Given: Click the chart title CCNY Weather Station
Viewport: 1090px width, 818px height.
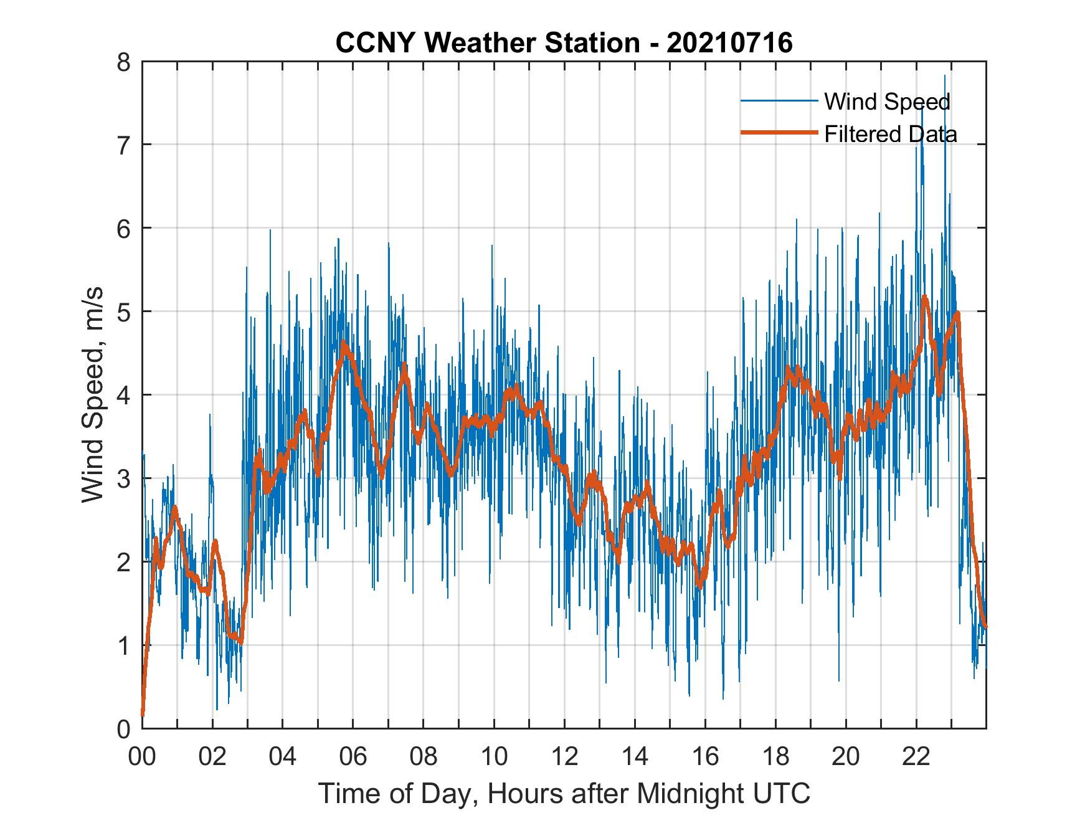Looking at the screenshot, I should click(487, 43).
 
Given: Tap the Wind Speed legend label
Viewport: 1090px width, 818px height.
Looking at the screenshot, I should click(887, 102).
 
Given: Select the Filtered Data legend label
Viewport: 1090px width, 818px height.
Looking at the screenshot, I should click(890, 134).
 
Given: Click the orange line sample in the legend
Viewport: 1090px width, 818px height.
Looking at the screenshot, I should click(779, 133).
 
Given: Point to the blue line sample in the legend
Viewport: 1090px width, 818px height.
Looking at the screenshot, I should click(779, 101).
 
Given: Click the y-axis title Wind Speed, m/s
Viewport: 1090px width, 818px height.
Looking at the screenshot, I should click(93, 395).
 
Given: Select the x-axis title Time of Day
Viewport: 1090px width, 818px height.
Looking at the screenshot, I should click(564, 794).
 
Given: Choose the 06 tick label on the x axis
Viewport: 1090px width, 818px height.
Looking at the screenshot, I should click(353, 757).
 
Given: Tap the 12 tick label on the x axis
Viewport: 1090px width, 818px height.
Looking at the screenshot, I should click(564, 757).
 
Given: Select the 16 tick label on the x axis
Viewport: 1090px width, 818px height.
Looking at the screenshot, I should click(705, 757).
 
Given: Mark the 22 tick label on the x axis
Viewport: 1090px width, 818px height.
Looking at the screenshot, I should click(916, 757).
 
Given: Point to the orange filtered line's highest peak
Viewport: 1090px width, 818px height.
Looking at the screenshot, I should click(924, 298).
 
